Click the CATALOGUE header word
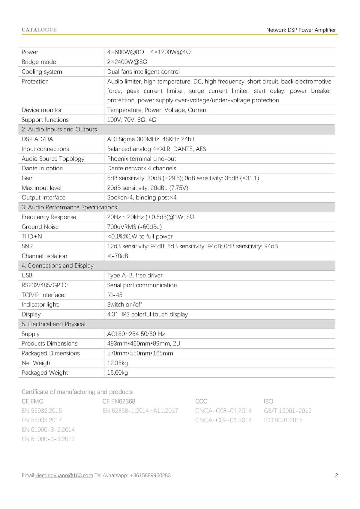click(39, 30)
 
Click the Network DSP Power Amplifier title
click(301, 30)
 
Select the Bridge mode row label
click(39, 62)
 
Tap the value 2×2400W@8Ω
click(127, 62)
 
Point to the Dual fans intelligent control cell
click(143, 72)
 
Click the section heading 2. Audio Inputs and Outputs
click(59, 129)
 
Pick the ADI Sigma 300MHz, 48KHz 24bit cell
click(151, 139)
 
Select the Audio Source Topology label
click(53, 159)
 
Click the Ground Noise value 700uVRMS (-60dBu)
click(134, 227)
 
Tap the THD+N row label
click(32, 236)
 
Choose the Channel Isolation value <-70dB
click(118, 256)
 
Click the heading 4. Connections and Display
click(58, 265)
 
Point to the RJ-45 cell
click(115, 295)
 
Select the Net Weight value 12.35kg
click(117, 363)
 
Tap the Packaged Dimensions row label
click(51, 353)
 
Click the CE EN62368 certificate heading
click(119, 401)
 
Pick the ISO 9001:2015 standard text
click(283, 420)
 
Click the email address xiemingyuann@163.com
click(64, 475)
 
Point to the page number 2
click(336, 475)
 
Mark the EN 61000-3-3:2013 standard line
click(48, 439)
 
